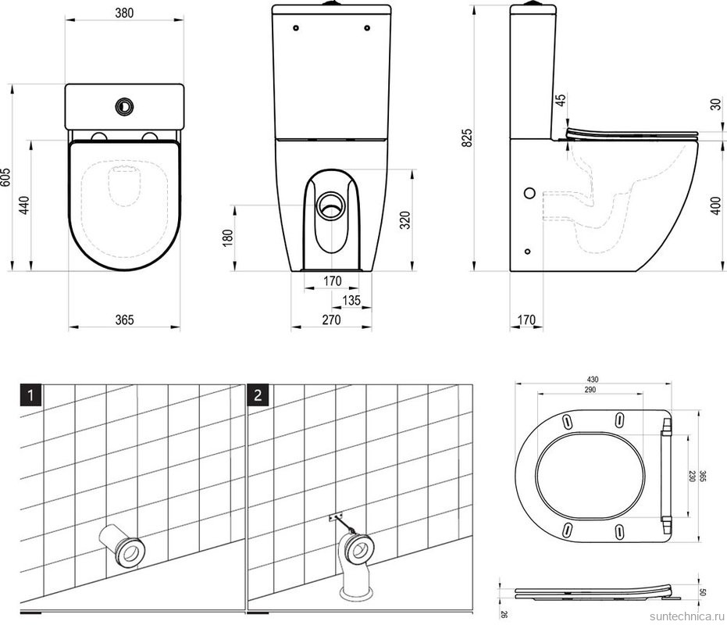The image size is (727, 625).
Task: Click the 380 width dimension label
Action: coord(124,12)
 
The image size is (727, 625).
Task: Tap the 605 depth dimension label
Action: coord(5,177)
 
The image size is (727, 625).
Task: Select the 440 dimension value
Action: coord(24,205)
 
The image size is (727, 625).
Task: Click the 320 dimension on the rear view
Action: coord(406,220)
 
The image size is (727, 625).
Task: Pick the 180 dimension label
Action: coord(228,237)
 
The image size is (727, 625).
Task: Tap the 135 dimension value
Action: coord(351,301)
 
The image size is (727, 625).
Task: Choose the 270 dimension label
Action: coord(332,320)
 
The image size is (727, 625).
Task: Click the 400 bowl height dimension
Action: coord(716,206)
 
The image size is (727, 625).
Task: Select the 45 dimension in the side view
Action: coord(561,100)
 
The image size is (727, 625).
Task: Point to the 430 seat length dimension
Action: coord(593,380)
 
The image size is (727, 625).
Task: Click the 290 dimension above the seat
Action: coord(590,390)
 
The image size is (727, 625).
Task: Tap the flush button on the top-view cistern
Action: coord(124,106)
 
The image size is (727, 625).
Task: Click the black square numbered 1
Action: coord(30,395)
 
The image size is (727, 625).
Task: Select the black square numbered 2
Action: coord(258,395)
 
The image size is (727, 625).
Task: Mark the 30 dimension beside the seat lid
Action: coord(716,104)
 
